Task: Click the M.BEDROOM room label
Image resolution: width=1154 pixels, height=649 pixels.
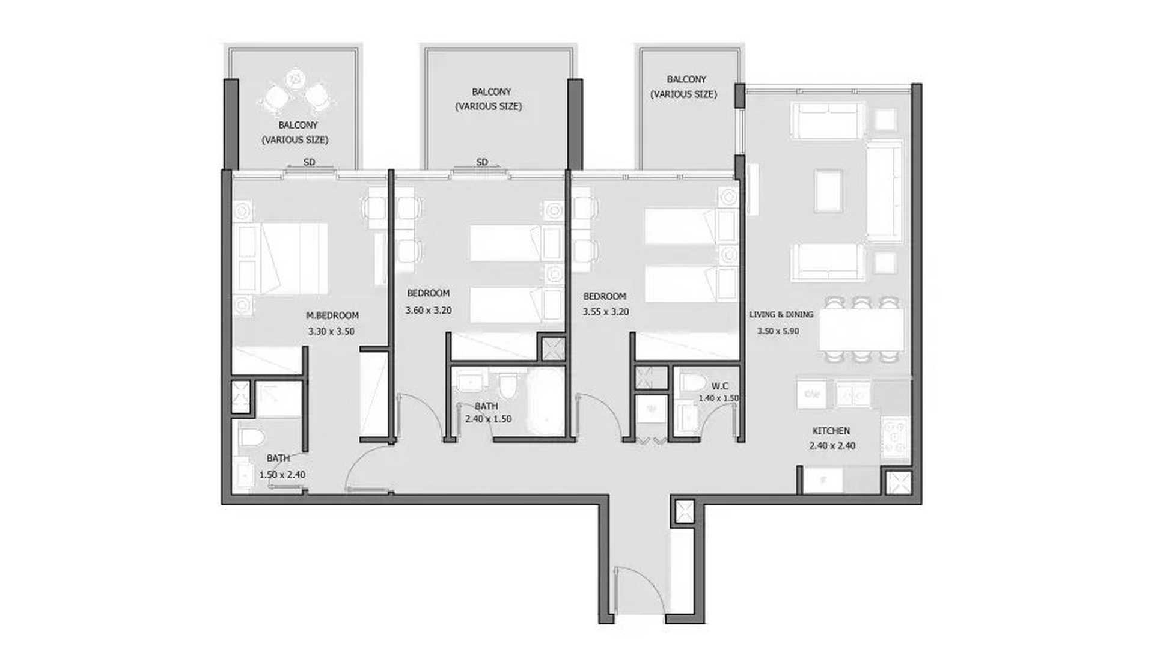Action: (x=332, y=315)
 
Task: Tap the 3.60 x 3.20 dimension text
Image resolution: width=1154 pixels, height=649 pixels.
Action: (x=428, y=311)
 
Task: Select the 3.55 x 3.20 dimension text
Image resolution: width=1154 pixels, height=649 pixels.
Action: (x=605, y=312)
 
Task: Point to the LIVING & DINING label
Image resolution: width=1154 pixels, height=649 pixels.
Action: (x=781, y=314)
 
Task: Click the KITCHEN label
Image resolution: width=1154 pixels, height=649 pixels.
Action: (x=831, y=431)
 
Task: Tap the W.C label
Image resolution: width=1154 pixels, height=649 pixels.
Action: (x=720, y=386)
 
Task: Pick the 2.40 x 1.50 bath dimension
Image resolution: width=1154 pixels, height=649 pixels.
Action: (x=488, y=419)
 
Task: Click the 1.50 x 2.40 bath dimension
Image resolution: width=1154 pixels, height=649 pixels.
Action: (x=282, y=474)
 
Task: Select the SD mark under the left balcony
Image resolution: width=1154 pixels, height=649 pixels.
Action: (x=309, y=162)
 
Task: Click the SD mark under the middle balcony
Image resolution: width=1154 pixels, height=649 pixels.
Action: (x=482, y=162)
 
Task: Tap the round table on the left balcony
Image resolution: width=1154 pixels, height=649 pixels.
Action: (x=295, y=78)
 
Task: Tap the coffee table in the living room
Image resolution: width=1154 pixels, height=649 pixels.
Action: (x=829, y=191)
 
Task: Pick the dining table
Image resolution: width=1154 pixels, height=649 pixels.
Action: (x=861, y=329)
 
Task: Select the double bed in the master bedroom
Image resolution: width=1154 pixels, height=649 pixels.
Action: (x=281, y=258)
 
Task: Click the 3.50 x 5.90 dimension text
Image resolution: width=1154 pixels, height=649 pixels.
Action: (x=778, y=331)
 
